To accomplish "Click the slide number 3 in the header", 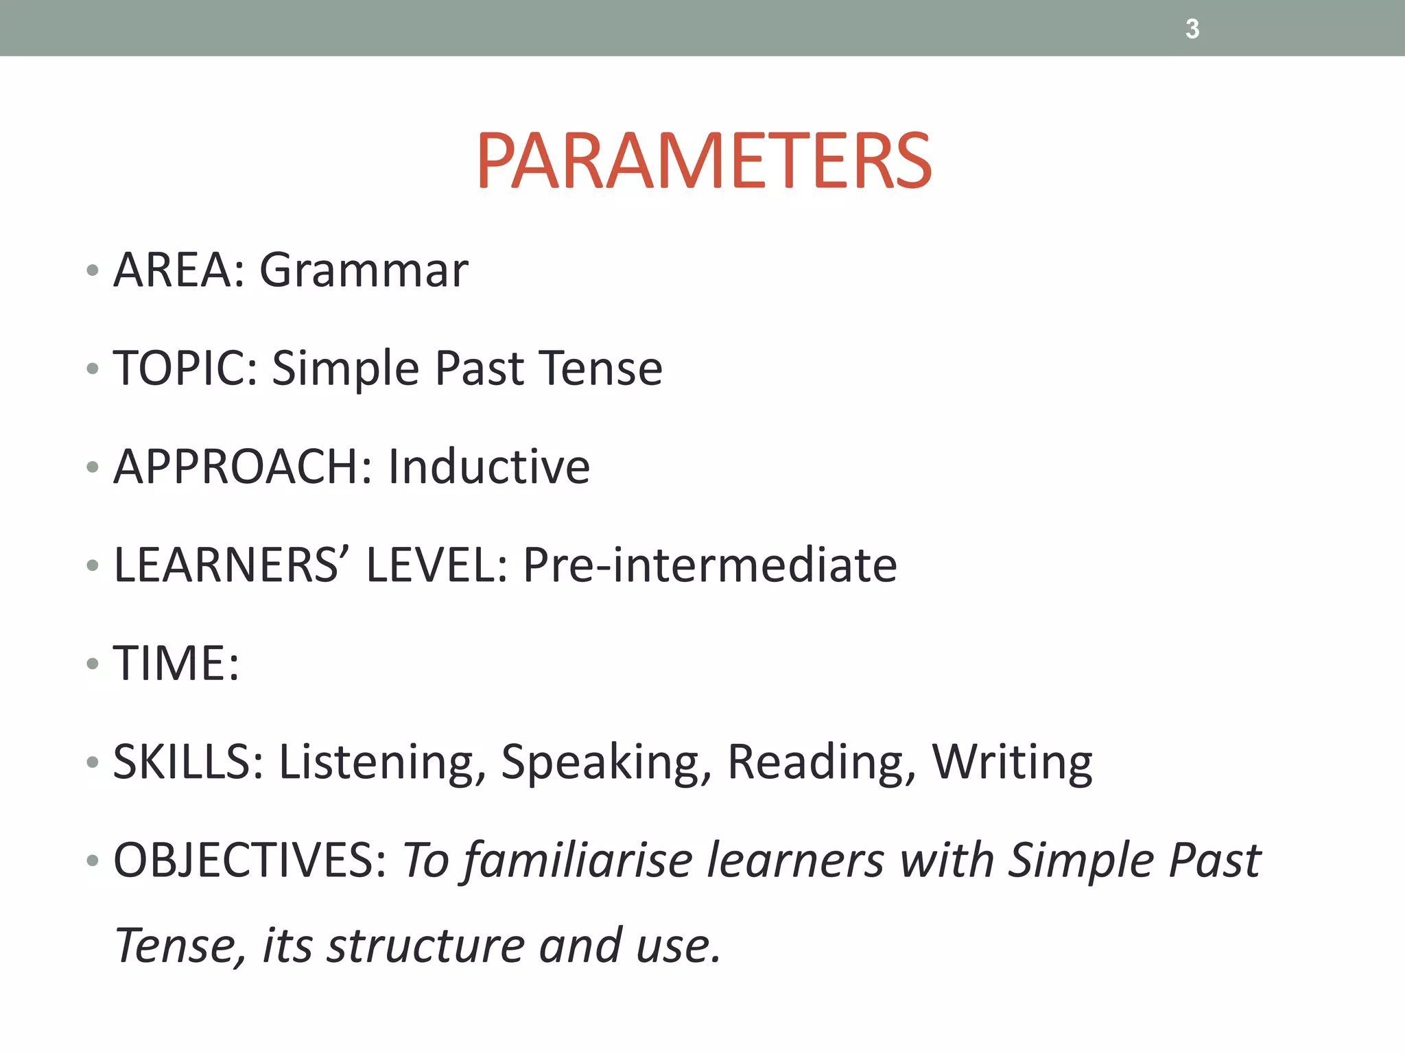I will point(1192,30).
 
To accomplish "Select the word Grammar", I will point(364,270).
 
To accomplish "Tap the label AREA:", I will point(179,270).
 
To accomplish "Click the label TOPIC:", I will point(185,368).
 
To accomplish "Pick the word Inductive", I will point(488,467).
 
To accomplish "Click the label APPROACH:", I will point(243,467).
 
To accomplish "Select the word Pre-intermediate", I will point(710,565).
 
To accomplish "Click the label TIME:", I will point(176,664).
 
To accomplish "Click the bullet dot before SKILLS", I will point(93,762).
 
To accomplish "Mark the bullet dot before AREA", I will point(93,270).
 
